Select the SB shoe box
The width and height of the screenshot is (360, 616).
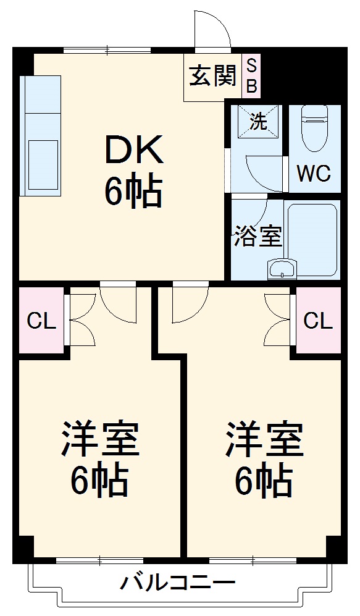252,76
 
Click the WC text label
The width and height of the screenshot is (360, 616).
314,174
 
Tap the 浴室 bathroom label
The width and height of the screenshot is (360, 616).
257,236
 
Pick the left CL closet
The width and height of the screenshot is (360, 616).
41,320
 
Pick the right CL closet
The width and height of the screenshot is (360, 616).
319,320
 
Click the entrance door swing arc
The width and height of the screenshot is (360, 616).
210,28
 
